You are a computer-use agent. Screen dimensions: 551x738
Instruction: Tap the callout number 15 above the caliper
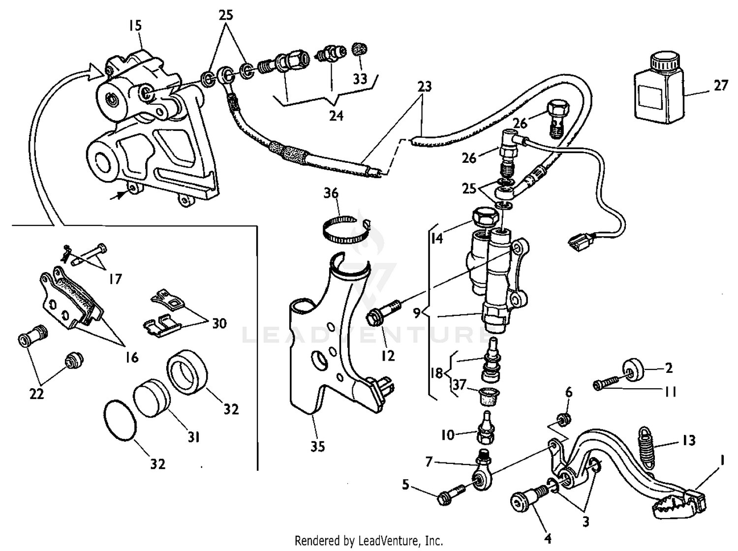click(135, 26)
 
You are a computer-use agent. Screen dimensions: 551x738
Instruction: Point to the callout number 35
click(317, 447)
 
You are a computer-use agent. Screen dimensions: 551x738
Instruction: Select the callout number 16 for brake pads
click(131, 357)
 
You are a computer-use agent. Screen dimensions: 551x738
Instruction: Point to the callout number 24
click(336, 116)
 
